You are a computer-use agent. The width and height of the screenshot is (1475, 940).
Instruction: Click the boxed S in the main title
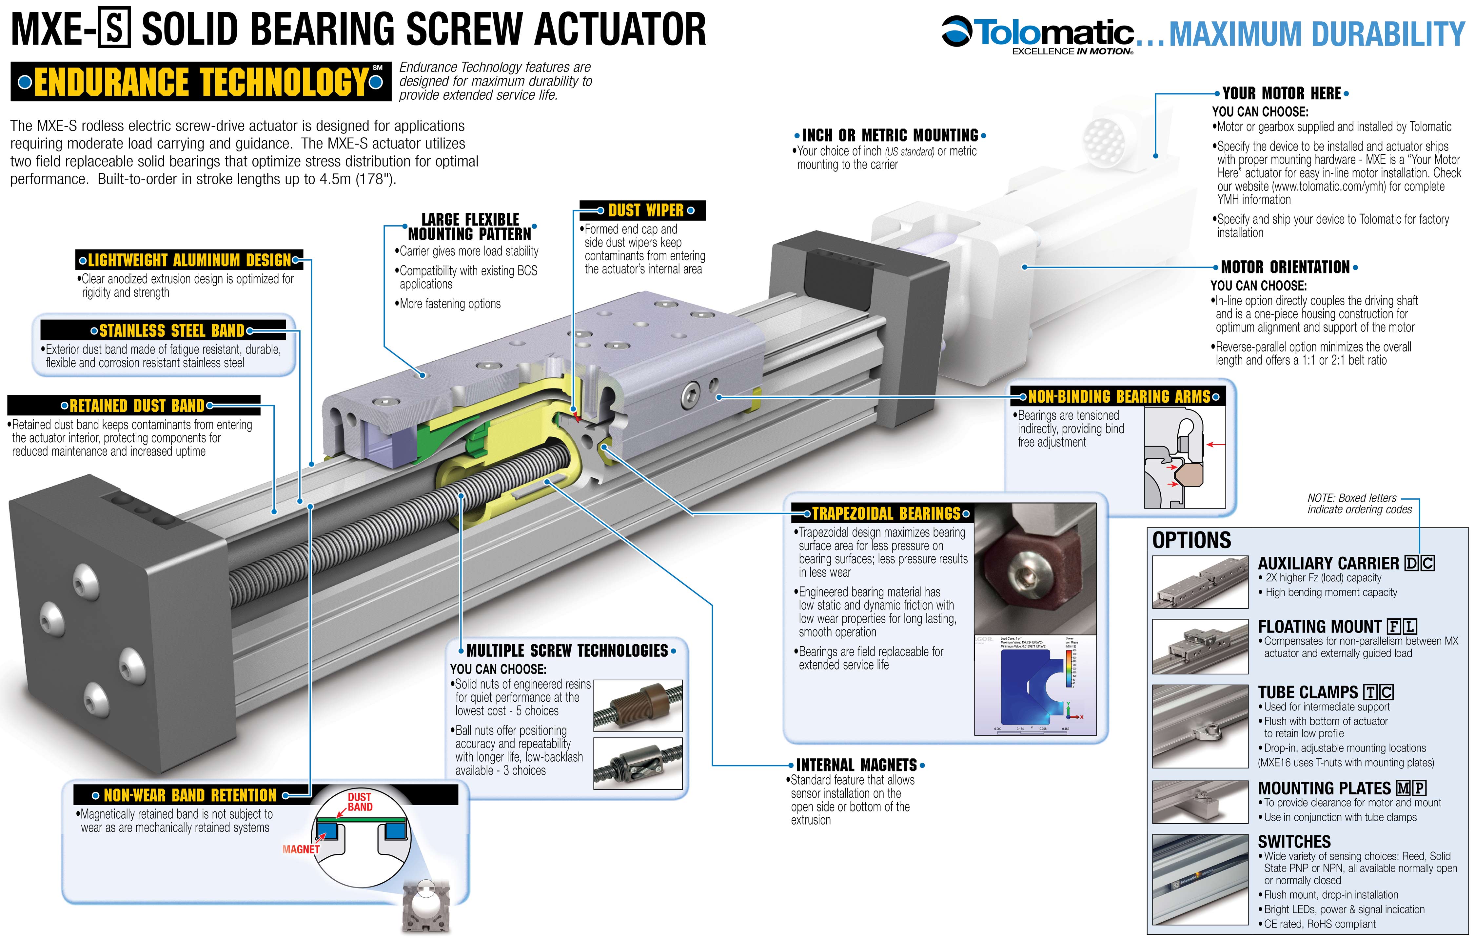click(x=114, y=30)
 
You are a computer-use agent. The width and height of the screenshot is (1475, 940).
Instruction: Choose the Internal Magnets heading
click(x=856, y=765)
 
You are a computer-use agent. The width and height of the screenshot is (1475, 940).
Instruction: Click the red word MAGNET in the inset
click(x=301, y=849)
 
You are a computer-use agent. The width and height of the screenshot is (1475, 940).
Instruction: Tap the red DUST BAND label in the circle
click(x=360, y=802)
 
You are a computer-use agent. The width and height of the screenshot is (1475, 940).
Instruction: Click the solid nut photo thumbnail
click(x=638, y=705)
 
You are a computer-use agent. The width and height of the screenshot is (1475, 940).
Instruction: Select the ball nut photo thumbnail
click(x=638, y=763)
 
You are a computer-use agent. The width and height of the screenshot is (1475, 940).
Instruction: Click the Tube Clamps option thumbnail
click(x=1199, y=726)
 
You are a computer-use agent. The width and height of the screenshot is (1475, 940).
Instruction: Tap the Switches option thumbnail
click(x=1199, y=879)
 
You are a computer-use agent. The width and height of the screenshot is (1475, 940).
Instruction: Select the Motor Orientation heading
click(x=1285, y=267)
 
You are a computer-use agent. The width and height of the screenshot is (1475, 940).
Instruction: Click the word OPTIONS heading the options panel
click(x=1191, y=540)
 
